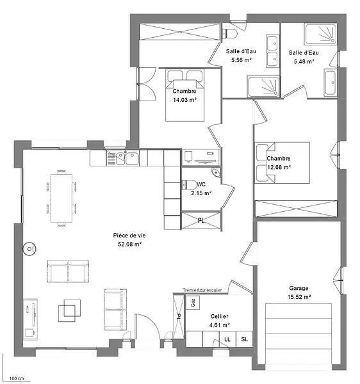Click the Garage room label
click(299, 288)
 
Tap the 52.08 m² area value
click(129, 244)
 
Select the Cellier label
click(219, 316)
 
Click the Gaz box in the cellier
click(193, 303)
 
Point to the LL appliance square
click(227, 339)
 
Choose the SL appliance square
click(244, 339)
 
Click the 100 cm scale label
click(17, 379)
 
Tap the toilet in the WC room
click(189, 185)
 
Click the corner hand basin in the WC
click(216, 172)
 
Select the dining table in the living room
click(61, 198)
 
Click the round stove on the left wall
click(29, 249)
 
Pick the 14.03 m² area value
click(184, 100)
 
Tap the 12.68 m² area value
click(279, 168)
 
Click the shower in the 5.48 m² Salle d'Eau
click(320, 34)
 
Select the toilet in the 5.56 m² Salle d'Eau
click(229, 33)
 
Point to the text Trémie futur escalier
click(202, 290)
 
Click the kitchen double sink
click(123, 157)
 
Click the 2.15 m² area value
click(201, 193)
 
